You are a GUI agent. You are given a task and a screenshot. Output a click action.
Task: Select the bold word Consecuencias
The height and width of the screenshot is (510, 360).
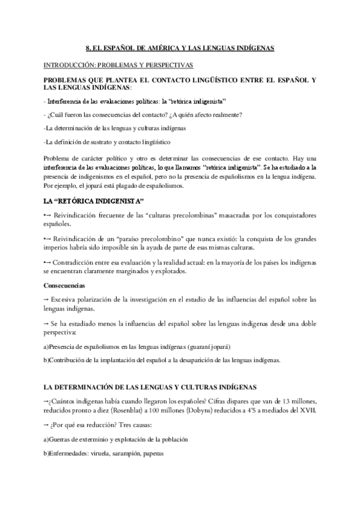[64, 285]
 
